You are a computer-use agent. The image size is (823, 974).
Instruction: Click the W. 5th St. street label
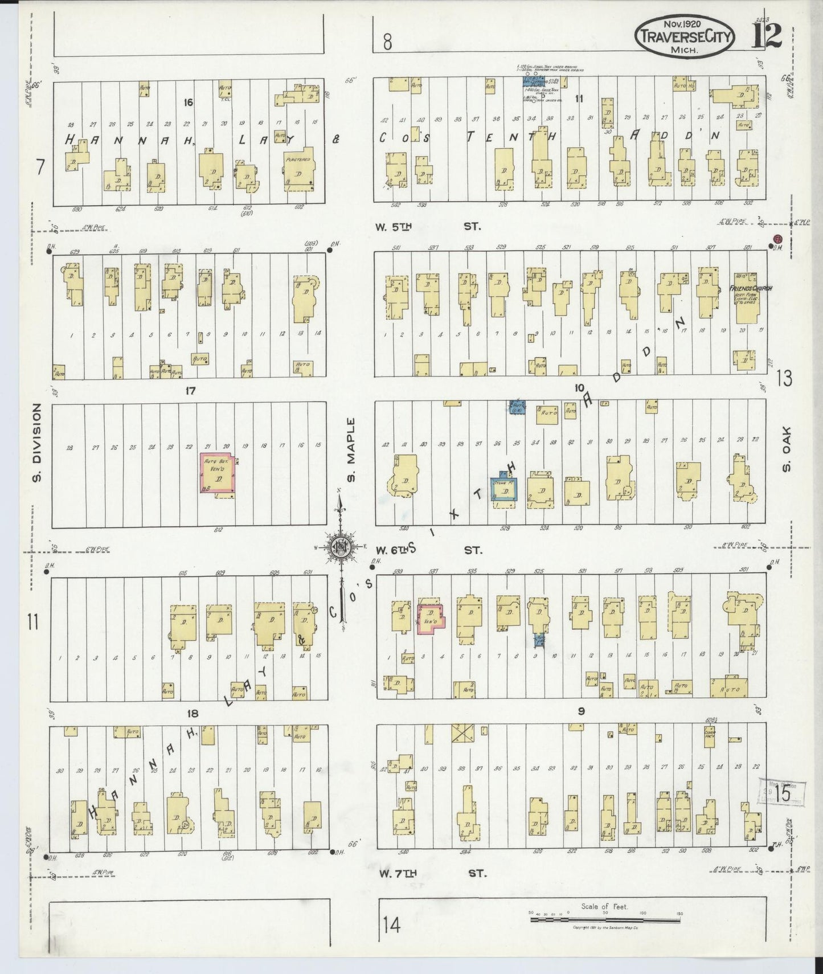click(x=427, y=227)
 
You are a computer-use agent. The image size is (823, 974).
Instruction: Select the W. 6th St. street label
click(x=427, y=550)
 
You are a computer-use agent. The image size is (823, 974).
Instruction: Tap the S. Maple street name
click(x=350, y=450)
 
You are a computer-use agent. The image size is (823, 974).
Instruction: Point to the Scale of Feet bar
click(x=606, y=918)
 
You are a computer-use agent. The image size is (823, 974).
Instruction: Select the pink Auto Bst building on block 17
click(x=219, y=472)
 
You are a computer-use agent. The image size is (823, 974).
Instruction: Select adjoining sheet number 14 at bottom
click(x=391, y=926)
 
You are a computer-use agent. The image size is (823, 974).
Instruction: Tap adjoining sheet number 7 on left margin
click(x=40, y=168)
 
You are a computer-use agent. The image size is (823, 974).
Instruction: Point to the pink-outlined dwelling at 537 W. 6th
click(x=431, y=617)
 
